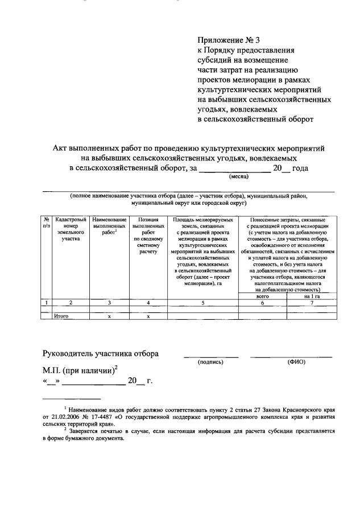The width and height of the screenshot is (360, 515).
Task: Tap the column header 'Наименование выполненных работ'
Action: (109, 226)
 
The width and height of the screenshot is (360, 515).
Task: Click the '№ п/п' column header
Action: (46, 223)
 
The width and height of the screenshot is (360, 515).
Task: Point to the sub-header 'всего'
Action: (262, 296)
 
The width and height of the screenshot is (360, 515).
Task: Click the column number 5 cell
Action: (202, 303)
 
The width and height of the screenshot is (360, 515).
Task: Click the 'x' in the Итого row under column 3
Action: (109, 316)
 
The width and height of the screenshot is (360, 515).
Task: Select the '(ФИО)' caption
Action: (297, 362)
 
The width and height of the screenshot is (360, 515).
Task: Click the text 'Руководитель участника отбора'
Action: (101, 353)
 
